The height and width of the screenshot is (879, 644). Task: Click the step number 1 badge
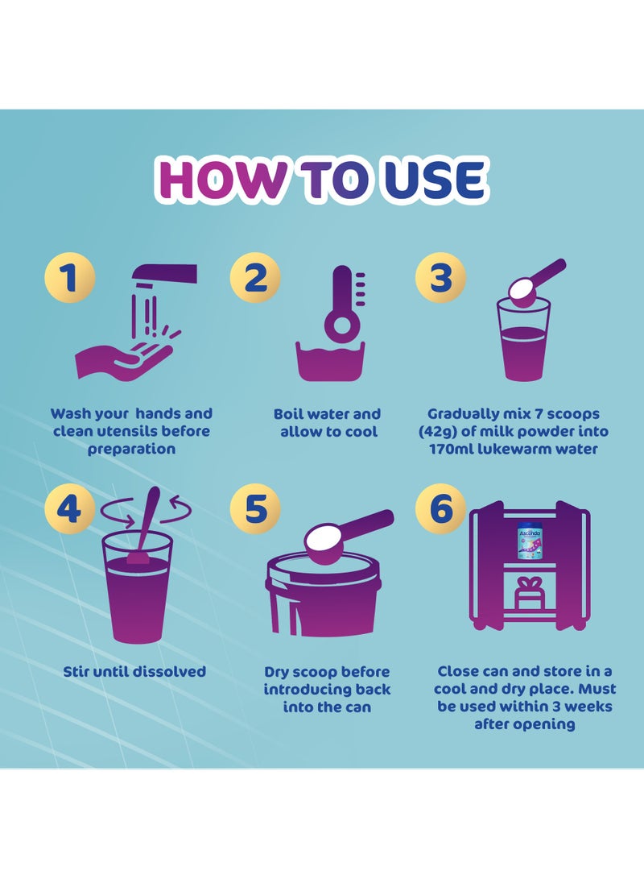[69, 278]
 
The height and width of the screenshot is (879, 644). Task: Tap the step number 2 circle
[255, 278]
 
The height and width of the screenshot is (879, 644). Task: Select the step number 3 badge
[440, 278]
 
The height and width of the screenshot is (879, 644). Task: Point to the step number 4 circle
[69, 509]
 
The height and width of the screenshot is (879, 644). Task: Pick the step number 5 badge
[255, 509]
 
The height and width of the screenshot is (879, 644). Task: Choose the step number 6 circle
[440, 509]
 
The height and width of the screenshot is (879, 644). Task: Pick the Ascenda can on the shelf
[529, 541]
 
